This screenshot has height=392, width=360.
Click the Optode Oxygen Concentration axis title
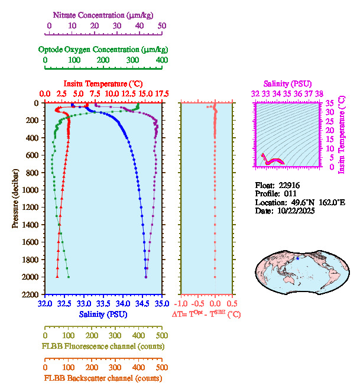tap(103, 49)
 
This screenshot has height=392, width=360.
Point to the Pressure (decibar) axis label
tap(14, 198)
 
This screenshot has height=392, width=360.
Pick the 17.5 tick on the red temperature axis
tap(161, 94)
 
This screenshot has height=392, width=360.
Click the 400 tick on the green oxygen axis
tap(161, 60)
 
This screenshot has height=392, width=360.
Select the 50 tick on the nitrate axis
tap(161, 25)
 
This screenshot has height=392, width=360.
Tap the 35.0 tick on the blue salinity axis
tap(161, 304)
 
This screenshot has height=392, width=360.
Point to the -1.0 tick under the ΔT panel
tap(183, 304)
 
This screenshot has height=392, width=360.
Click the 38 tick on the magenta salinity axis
tap(319, 93)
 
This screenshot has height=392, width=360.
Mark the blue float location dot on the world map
tap(298, 258)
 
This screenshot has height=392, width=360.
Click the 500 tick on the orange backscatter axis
tap(161, 367)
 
